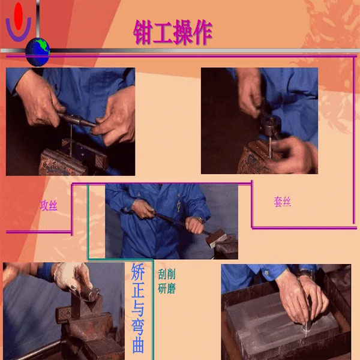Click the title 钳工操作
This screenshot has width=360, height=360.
[x=173, y=32]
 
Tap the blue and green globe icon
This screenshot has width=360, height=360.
[x=37, y=52]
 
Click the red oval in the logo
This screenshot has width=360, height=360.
[x=19, y=16]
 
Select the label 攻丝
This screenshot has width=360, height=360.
[x=49, y=205]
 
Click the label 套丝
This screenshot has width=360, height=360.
[x=283, y=202]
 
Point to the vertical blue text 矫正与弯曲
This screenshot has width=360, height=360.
[x=138, y=308]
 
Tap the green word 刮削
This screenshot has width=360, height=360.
[x=167, y=274]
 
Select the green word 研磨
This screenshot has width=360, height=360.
[x=167, y=289]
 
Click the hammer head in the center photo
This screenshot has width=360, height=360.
[x=216, y=238]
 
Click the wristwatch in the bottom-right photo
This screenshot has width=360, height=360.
[x=305, y=274]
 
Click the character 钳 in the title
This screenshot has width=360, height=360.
[x=142, y=32]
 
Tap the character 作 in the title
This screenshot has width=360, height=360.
[x=203, y=32]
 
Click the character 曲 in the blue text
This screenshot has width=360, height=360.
[x=138, y=344]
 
